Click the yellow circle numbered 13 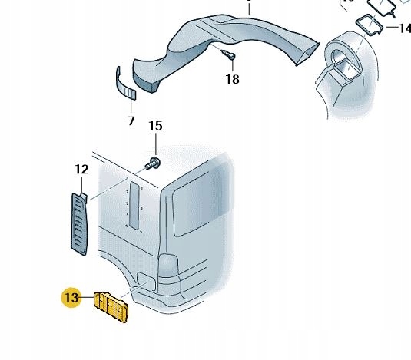(71, 298)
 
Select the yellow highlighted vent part (111, 306)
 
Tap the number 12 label (81, 170)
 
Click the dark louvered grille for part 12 (79, 224)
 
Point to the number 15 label (155, 126)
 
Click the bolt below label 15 (153, 163)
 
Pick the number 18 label (233, 79)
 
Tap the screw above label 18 (228, 54)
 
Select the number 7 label (131, 121)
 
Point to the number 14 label (405, 28)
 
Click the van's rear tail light (168, 265)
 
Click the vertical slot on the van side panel (134, 206)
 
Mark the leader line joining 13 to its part (88, 297)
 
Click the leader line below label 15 (156, 144)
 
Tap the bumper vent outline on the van (146, 282)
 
